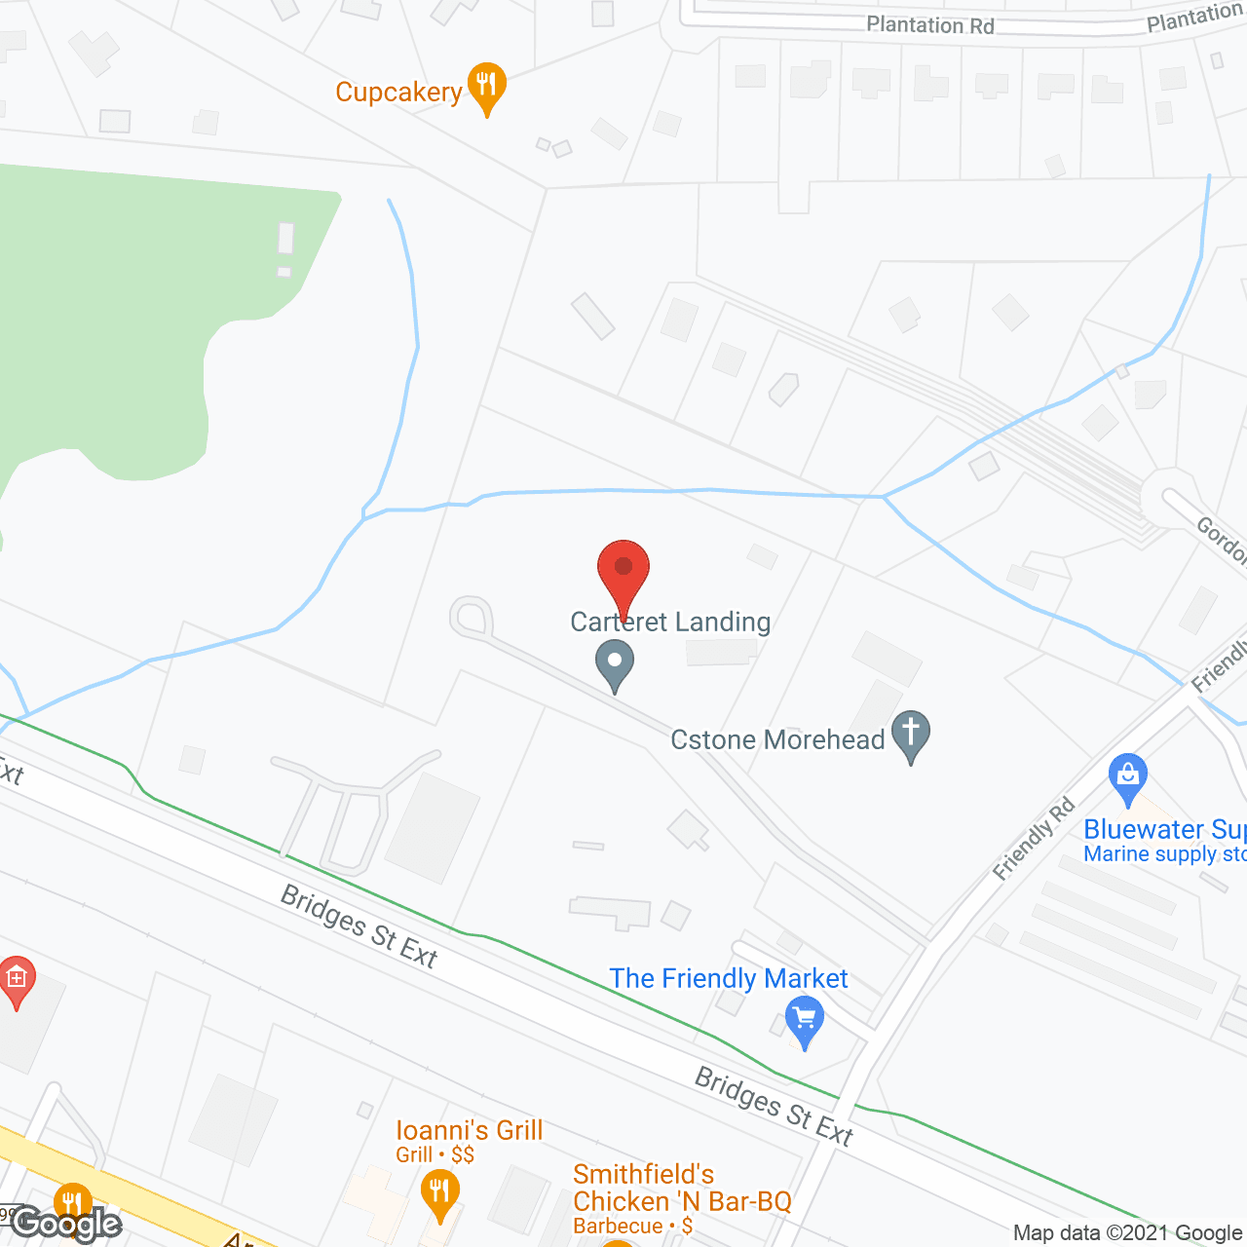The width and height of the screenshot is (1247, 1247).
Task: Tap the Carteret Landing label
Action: pyautogui.click(x=670, y=622)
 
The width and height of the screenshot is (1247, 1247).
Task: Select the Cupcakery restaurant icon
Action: pyautogui.click(x=487, y=86)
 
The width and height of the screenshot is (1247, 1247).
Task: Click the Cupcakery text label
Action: pyautogui.click(x=398, y=93)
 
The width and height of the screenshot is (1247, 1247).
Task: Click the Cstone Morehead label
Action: pyautogui.click(x=777, y=740)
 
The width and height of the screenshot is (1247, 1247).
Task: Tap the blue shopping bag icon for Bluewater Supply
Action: pyautogui.click(x=1127, y=776)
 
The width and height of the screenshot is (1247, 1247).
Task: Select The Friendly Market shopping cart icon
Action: pyautogui.click(x=805, y=1020)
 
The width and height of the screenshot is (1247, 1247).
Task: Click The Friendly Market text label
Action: pyautogui.click(x=729, y=978)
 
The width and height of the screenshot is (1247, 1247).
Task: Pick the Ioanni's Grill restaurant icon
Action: pyautogui.click(x=440, y=1192)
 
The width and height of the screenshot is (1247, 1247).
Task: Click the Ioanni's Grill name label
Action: pyautogui.click(x=470, y=1130)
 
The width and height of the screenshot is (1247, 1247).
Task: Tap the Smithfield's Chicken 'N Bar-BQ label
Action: pyautogui.click(x=682, y=1188)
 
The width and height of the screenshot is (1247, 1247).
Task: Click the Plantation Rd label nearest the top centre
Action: pyautogui.click(x=930, y=25)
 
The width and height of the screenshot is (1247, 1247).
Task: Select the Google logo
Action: pyautogui.click(x=66, y=1224)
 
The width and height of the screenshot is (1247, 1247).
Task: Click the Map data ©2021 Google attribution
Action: pyautogui.click(x=1128, y=1233)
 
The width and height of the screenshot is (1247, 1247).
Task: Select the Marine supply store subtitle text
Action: pyautogui.click(x=1164, y=854)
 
